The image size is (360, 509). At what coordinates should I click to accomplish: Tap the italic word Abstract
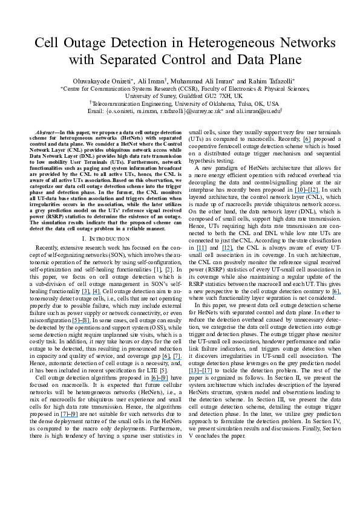pyautogui.click(x=46, y=132)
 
